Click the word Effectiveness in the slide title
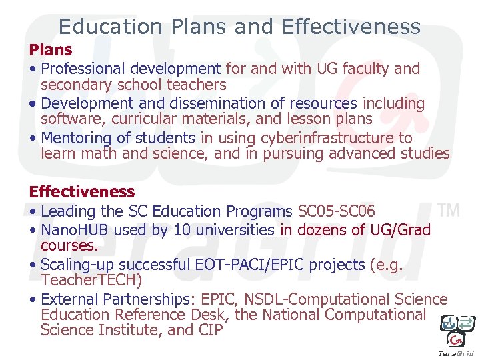[351, 27]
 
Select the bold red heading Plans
[51, 50]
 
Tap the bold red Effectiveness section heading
[81, 192]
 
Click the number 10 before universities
[182, 230]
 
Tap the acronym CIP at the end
[210, 330]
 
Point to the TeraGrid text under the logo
[455, 353]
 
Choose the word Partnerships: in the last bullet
[145, 299]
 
